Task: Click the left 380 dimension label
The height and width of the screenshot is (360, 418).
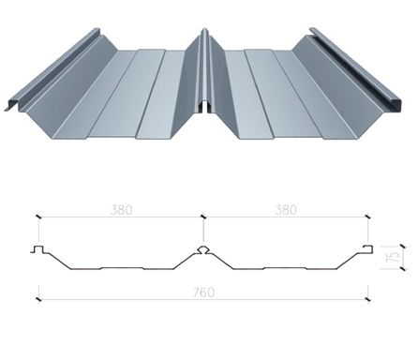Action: [121, 210]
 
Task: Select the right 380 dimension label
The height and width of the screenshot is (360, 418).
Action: [286, 210]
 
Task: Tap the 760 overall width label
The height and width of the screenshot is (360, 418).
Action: [203, 292]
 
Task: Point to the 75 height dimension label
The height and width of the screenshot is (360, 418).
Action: [395, 257]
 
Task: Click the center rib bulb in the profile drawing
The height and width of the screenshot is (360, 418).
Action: [203, 249]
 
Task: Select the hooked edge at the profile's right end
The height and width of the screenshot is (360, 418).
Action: [368, 248]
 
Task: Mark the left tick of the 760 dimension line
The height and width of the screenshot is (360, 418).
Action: [38, 300]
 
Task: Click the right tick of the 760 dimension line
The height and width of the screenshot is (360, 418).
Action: [368, 300]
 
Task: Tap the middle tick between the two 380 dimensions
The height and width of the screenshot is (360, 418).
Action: [203, 217]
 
